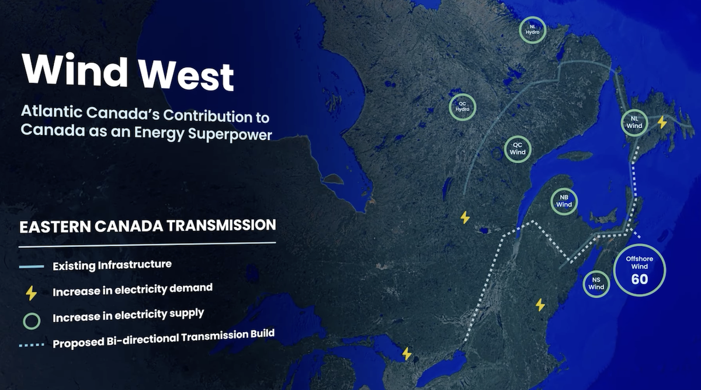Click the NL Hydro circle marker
click(533, 30)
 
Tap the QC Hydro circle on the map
click(463, 107)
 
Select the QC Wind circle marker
click(518, 149)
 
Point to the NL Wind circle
click(634, 122)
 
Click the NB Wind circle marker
click(564, 201)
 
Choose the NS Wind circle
click(596, 284)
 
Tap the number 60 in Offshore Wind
click(639, 279)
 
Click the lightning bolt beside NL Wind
click(662, 122)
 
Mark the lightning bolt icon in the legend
click(31, 292)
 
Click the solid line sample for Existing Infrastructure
click(32, 267)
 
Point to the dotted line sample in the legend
click(32, 345)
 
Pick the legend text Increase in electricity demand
click(133, 289)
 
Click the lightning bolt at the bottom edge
click(407, 354)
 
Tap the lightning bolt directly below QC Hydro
click(465, 218)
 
